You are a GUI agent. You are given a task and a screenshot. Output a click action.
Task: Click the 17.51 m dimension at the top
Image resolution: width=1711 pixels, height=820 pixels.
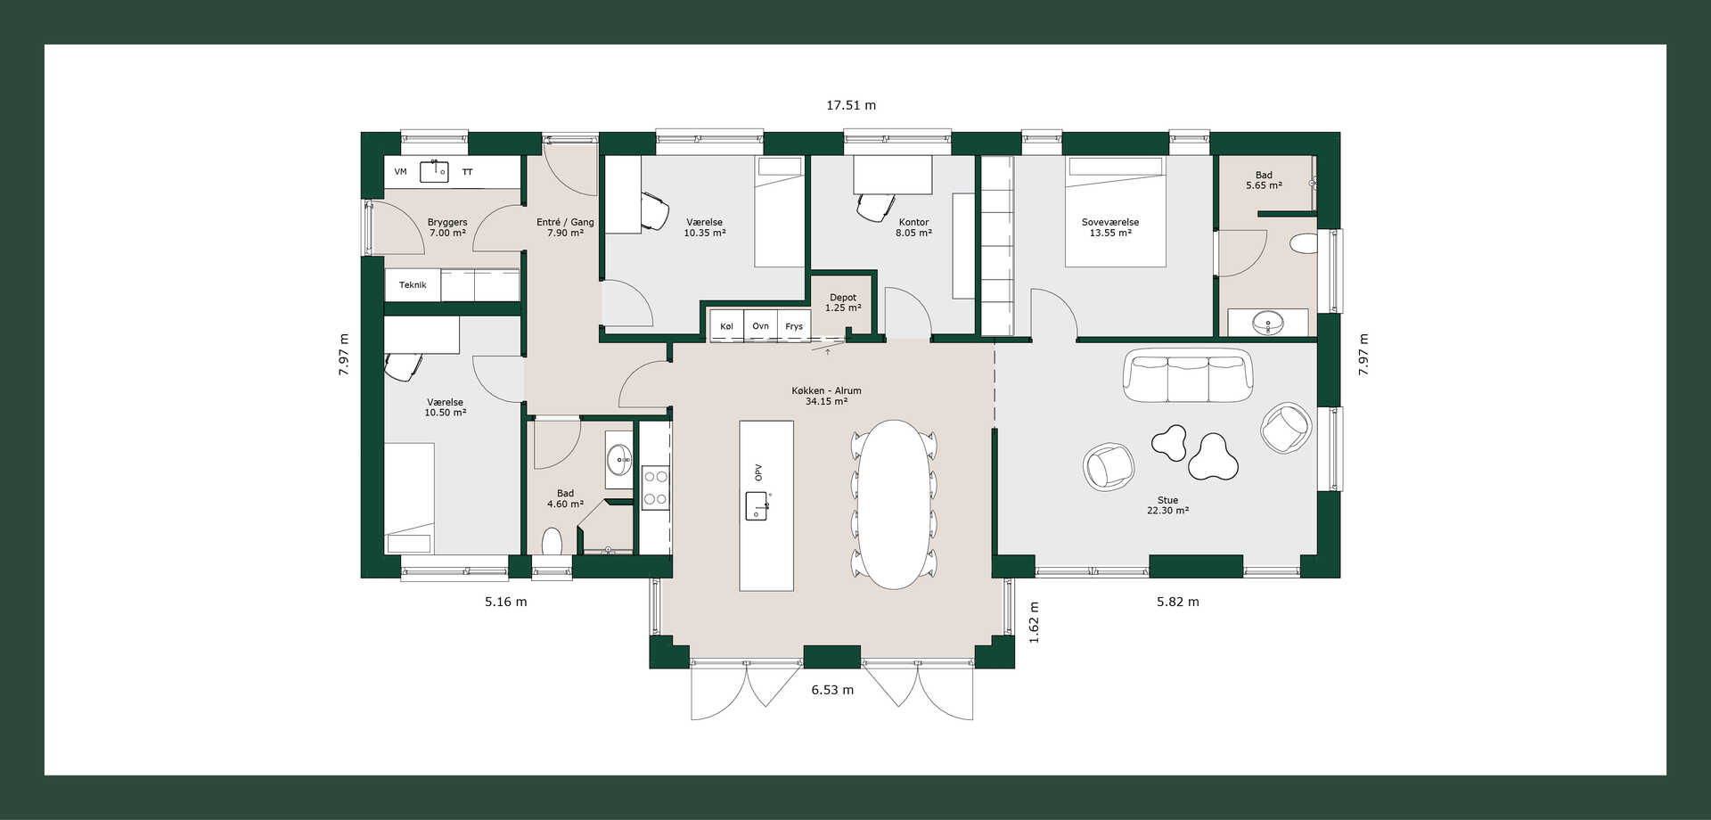coord(851,105)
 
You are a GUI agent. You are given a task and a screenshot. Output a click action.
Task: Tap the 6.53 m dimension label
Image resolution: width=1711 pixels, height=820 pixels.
coord(832,690)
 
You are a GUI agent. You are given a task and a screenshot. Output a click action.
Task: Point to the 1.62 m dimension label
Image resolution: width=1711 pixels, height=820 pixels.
coord(1035,622)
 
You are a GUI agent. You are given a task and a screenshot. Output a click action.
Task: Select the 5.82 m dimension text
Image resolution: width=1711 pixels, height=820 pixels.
coord(1178,602)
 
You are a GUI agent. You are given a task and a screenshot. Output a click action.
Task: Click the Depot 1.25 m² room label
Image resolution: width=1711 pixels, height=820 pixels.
coord(843,303)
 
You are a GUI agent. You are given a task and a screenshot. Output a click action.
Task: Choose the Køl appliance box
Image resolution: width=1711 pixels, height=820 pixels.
coord(726,326)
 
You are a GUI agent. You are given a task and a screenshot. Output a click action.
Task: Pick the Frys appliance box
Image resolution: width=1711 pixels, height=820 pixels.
coord(794,326)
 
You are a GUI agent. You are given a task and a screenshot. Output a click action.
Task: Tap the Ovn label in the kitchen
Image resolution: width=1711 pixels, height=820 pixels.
coord(760,326)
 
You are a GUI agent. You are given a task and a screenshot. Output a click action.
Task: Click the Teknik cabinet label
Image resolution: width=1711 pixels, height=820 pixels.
coord(413,285)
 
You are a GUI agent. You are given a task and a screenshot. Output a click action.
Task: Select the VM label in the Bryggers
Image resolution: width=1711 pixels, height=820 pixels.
coord(400,172)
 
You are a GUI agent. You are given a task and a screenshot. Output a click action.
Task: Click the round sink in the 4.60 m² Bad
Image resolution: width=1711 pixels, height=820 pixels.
coord(619,461)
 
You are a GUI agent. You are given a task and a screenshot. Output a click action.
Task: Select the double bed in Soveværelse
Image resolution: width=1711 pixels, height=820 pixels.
coord(1116,211)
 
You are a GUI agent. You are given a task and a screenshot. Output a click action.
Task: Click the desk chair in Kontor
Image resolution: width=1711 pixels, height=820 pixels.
coord(876,206)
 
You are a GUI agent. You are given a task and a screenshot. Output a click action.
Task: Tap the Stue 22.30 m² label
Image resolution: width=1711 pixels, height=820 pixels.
coord(1167,505)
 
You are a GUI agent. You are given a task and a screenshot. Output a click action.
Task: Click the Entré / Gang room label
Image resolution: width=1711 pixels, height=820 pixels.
coord(565,227)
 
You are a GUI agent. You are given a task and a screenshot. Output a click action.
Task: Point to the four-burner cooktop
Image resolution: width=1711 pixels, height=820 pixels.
coord(655,488)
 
